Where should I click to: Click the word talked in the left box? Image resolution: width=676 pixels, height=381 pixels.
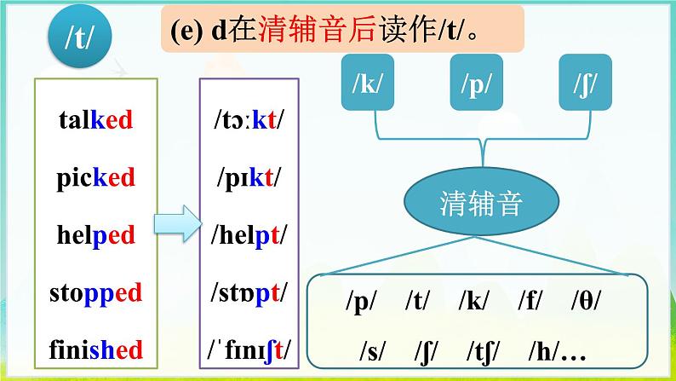(96, 119)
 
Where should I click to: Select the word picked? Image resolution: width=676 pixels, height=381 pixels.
(96, 178)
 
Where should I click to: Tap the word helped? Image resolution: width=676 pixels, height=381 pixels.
(96, 235)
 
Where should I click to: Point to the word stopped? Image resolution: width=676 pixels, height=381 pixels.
(95, 292)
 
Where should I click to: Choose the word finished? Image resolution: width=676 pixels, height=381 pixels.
(95, 349)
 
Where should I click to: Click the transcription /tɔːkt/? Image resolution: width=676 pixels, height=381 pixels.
(248, 120)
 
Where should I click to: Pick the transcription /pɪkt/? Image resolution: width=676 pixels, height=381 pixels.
(248, 178)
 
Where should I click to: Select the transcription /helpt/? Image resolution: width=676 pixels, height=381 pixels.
(248, 235)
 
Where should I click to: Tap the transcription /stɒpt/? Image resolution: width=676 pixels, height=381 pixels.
(248, 292)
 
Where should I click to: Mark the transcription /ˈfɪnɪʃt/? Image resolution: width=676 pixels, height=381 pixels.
(248, 349)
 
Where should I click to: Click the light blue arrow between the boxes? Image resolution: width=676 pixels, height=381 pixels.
(174, 225)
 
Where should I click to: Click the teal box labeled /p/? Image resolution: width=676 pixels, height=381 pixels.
(478, 85)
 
